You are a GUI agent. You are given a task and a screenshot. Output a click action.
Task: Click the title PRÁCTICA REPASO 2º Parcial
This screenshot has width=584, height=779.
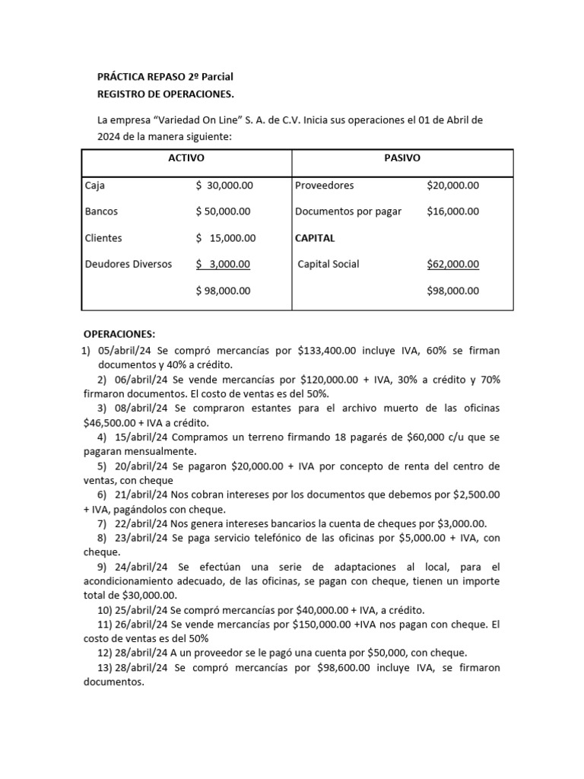click(166, 77)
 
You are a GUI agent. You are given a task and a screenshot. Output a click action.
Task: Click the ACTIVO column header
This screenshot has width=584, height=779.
click(186, 158)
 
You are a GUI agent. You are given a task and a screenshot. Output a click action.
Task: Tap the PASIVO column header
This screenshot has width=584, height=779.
click(403, 158)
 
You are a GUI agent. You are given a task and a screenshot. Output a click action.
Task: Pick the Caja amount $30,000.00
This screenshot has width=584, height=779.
click(224, 185)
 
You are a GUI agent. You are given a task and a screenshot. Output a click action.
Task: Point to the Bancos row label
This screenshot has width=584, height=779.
click(101, 211)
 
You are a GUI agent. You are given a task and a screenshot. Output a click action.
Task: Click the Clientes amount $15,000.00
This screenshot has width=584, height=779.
click(226, 238)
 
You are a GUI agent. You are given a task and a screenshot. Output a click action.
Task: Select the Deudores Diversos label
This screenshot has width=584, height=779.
click(129, 264)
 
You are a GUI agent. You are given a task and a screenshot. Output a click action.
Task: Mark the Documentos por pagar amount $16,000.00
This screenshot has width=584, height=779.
click(453, 211)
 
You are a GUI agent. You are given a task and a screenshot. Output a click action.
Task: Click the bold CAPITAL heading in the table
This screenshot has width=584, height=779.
click(315, 238)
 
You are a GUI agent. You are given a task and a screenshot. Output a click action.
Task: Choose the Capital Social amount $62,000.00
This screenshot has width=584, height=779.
click(453, 264)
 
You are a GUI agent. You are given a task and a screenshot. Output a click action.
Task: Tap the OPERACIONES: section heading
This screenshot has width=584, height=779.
click(119, 334)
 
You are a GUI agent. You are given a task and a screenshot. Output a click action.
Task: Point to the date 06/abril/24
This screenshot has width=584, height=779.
click(141, 380)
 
